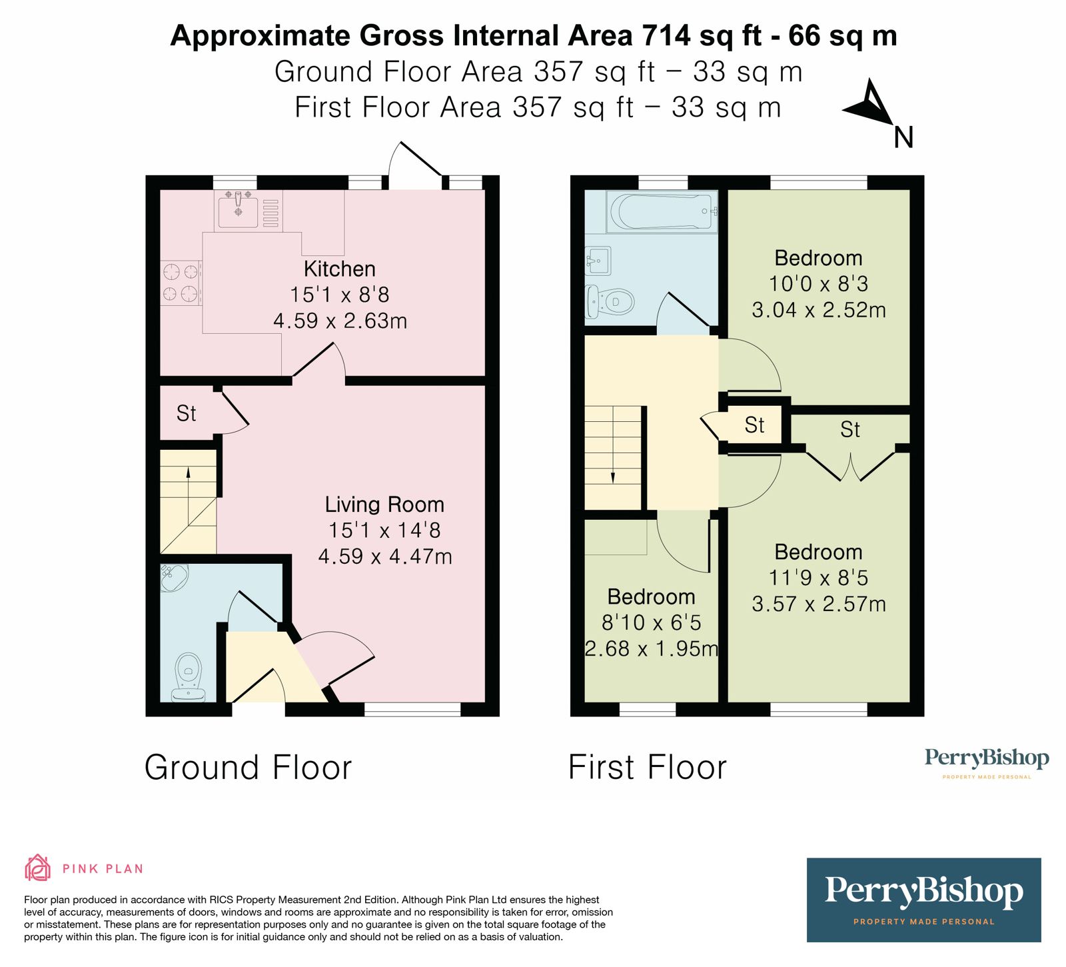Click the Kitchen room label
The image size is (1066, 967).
[x=339, y=269]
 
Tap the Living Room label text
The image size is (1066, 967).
[x=384, y=504]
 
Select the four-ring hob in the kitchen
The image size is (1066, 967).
[x=181, y=282]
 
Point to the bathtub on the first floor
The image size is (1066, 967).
[x=662, y=211]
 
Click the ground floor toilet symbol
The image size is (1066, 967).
[x=189, y=676]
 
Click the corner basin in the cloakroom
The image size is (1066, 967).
[x=173, y=576]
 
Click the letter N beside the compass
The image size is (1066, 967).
[x=903, y=138]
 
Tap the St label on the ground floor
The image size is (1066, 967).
[x=186, y=414]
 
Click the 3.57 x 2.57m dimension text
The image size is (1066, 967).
[x=819, y=604]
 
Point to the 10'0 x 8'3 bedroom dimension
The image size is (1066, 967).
[x=818, y=285]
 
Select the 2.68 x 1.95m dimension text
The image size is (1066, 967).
[x=651, y=648]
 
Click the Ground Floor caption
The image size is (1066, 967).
[x=248, y=768]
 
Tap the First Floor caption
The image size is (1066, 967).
[x=647, y=768]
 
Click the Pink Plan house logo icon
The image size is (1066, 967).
[x=38, y=868]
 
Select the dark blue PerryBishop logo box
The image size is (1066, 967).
[x=923, y=900]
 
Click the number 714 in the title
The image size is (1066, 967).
[x=666, y=35]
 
